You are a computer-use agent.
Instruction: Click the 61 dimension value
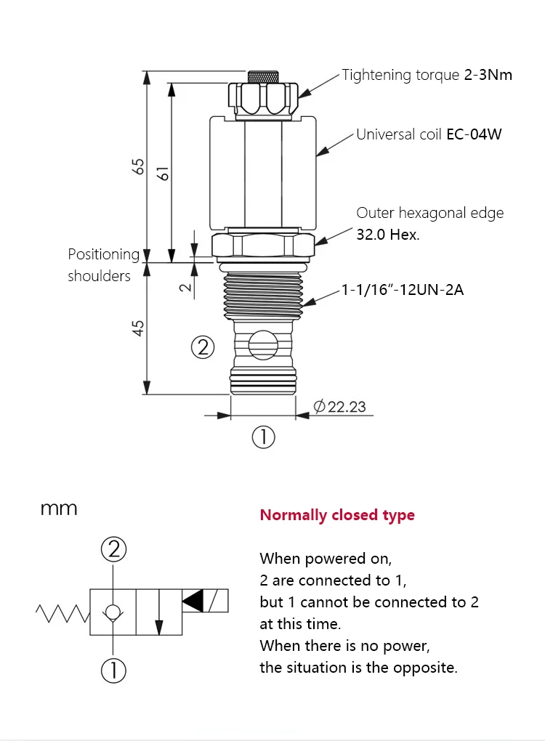coord(163,174)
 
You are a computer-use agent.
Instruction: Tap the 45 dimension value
coord(138,328)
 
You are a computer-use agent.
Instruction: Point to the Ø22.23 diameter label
coord(340,406)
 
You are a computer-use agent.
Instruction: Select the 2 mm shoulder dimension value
coord(186,287)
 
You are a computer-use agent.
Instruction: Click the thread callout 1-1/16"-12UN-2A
coord(403,289)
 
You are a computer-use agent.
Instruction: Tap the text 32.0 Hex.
coord(387,235)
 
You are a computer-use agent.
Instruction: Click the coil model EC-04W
coord(474,134)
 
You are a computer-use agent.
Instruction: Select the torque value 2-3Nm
coord(488,75)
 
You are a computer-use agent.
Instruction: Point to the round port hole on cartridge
coord(263,346)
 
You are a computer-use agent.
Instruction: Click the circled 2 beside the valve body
coord(203,348)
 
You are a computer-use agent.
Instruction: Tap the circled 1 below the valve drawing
coord(263,437)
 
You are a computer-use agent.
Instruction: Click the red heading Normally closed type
coord(337,514)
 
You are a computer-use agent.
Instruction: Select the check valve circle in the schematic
coord(113,612)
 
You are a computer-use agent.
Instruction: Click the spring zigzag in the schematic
coord(63,613)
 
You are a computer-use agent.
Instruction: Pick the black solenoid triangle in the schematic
coord(193,601)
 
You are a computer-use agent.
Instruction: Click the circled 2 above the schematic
coord(113,549)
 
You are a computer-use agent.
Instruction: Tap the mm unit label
coord(59,509)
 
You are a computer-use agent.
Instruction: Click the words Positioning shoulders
coord(104,264)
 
